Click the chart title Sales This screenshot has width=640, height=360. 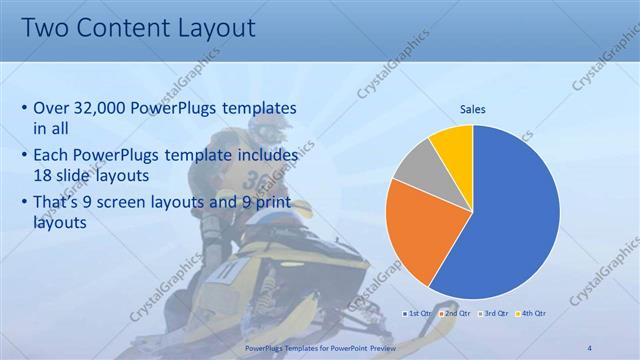[x=473, y=109]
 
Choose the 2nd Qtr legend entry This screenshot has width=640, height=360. [x=456, y=313]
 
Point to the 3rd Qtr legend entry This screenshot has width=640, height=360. [x=494, y=313]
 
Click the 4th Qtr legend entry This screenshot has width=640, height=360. [x=532, y=313]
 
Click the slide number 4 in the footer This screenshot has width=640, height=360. [x=589, y=346]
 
